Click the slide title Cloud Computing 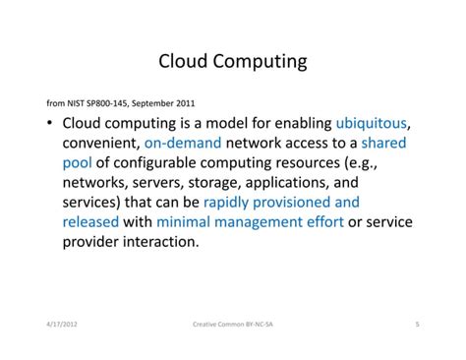232,62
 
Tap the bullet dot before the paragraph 49,125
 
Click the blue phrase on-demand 171,143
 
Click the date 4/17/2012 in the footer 63,322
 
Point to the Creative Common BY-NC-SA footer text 233,322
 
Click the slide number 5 417,322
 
